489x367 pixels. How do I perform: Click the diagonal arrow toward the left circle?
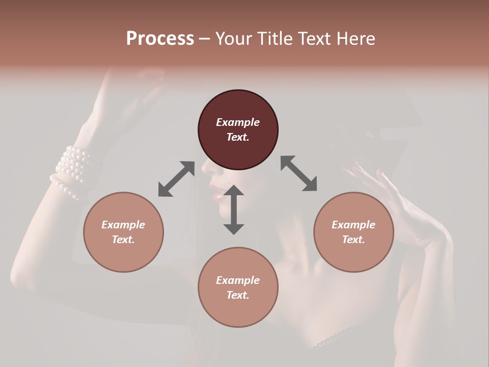(x=176, y=179)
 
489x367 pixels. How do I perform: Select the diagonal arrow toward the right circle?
(x=299, y=173)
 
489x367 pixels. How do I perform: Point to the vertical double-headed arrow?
(x=234, y=209)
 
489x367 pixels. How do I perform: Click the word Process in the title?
(x=160, y=39)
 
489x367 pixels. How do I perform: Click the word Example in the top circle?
(x=238, y=122)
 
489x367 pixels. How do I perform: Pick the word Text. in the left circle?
(x=123, y=240)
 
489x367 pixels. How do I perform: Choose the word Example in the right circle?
(x=354, y=225)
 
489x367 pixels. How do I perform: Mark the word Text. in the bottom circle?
(x=238, y=295)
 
